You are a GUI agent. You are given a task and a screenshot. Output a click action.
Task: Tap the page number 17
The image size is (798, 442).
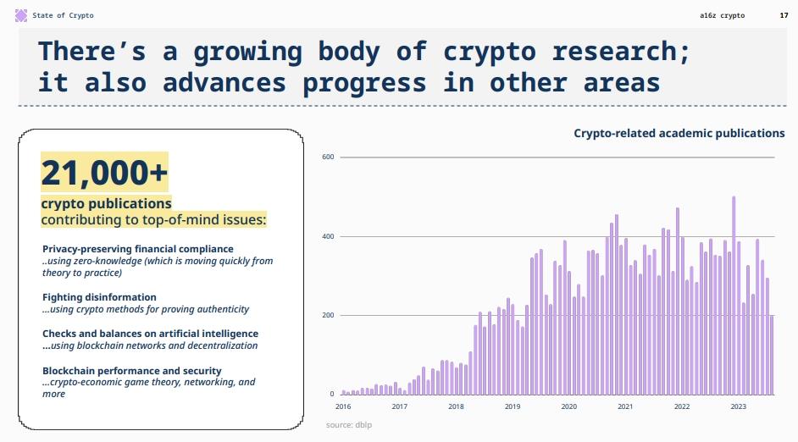point(784,15)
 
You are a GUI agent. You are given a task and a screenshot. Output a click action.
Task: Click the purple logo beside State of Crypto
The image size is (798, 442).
point(21,15)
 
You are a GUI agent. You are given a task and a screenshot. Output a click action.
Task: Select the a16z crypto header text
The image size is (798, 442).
point(723,15)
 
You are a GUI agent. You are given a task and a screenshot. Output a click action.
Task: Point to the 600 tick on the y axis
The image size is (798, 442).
point(328,157)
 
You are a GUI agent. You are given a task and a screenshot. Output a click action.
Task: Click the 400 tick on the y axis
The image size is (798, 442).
point(328,236)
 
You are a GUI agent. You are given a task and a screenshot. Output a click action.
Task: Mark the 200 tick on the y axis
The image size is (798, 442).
point(328,315)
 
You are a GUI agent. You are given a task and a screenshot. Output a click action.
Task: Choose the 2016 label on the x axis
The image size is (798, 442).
point(343,406)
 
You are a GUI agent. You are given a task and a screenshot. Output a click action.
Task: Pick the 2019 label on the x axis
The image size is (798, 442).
point(513,406)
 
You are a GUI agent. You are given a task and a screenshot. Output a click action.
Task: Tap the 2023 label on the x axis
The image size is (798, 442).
point(738,406)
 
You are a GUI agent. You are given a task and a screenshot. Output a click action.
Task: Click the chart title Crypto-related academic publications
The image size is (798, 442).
point(679,133)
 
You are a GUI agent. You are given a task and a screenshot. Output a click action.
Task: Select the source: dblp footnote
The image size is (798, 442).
point(348,424)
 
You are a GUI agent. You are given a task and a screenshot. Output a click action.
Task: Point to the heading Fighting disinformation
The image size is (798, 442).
point(99,297)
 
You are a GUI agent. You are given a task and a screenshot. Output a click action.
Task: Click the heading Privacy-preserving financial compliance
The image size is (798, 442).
point(137,249)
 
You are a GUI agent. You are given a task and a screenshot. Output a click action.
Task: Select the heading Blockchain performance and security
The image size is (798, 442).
point(132,371)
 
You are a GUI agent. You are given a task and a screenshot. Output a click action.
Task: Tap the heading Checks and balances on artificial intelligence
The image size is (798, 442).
point(150,334)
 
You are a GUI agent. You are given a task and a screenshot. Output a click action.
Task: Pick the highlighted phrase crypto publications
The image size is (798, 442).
point(107,204)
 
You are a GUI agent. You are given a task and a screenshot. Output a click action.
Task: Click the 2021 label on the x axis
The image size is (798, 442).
point(625,406)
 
